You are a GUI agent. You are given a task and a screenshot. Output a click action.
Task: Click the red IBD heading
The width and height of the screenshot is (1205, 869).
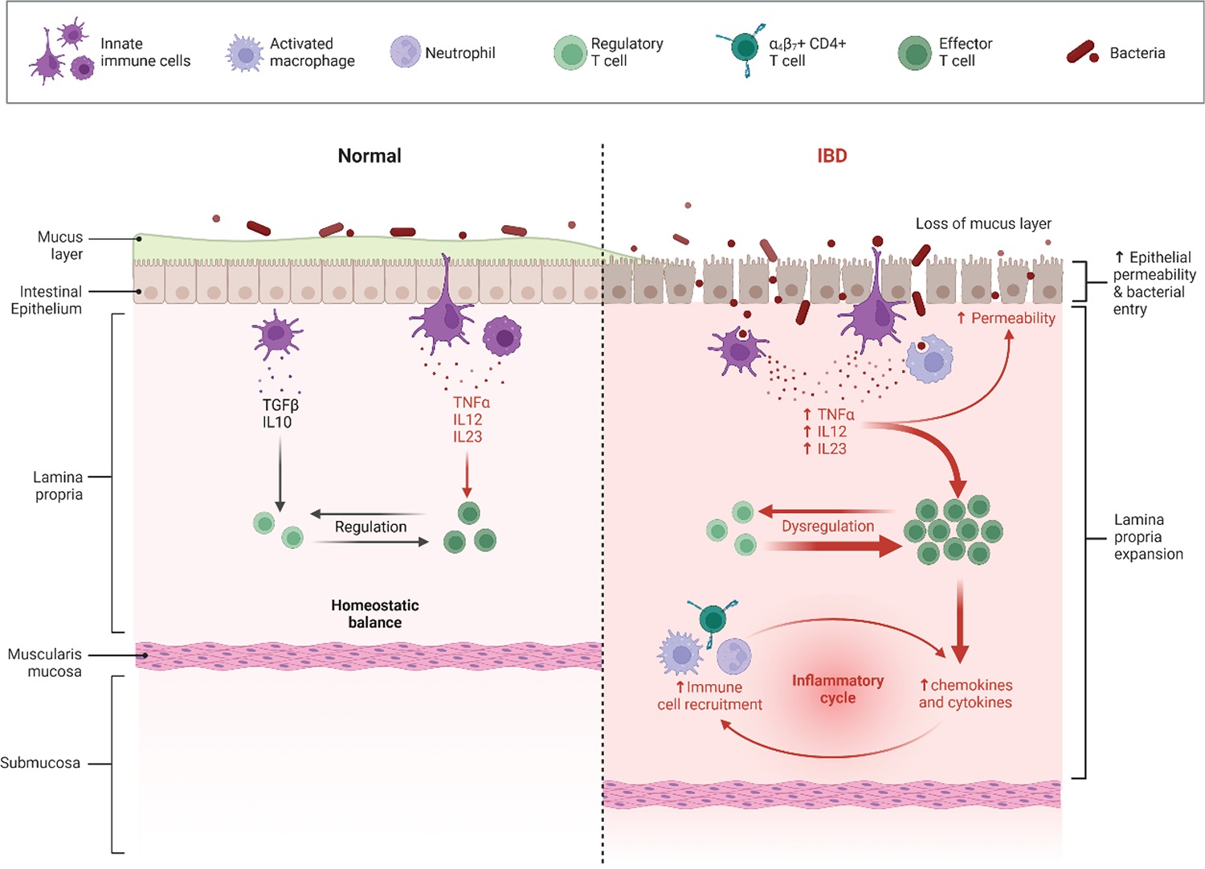coord(831,156)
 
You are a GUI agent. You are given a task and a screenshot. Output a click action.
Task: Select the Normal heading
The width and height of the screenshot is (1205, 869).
coord(369,156)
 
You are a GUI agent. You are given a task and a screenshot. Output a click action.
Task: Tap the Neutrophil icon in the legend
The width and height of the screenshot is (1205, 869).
coord(406,51)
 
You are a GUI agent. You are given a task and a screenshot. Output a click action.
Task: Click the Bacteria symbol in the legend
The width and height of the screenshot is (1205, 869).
coord(1082,53)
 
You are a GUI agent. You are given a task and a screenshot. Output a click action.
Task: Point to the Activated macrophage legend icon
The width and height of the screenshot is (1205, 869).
coord(244,53)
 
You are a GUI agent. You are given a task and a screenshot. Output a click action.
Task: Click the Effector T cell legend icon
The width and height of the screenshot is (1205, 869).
coord(914,53)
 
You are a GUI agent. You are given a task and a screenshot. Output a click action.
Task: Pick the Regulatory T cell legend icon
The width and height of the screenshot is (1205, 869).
coord(570,53)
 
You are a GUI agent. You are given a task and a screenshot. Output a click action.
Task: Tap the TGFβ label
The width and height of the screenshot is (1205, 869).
coord(280,405)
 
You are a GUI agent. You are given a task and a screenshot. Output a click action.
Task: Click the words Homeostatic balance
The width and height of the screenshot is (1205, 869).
coord(374,613)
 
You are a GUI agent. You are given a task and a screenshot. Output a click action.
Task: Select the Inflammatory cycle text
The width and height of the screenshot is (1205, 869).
coord(838,689)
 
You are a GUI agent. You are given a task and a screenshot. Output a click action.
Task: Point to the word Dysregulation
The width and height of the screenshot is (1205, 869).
coord(827,527)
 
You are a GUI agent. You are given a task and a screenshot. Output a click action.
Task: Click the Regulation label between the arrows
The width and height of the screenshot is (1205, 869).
coord(370,527)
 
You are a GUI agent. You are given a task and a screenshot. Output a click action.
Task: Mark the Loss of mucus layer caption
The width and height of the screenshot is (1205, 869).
coord(983,223)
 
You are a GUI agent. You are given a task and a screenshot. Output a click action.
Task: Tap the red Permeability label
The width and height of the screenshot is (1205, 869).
coord(1013,318)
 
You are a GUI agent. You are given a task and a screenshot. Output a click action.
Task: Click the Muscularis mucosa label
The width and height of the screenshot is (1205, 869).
coord(46,662)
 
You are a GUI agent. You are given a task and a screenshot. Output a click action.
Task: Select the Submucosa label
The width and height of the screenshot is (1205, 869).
coord(40,763)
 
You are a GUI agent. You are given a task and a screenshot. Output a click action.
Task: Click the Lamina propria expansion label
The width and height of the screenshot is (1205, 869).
coord(1148,536)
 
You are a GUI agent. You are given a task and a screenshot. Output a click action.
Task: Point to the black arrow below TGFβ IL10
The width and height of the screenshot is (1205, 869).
coord(280,474)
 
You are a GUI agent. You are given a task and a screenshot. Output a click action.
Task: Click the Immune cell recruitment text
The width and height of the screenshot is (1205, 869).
coord(709,695)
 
